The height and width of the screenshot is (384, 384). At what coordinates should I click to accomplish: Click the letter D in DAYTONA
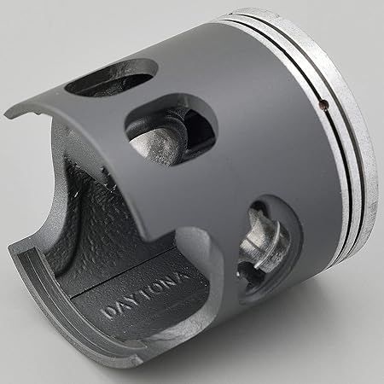click(108, 312)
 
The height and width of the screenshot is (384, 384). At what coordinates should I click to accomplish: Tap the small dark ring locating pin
click(323, 105)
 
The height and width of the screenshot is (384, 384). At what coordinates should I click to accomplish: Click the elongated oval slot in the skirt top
click(111, 78)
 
